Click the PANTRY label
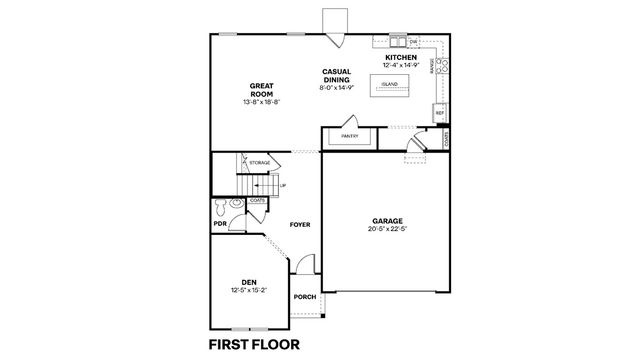coord(349,135)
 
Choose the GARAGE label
coord(387,220)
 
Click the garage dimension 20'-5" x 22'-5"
coord(387,229)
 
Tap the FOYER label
coord(299,224)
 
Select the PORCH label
coord(305,297)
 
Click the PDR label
coord(219,224)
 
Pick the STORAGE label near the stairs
coord(260,162)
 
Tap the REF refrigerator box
coord(439,114)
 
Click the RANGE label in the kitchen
coord(432,67)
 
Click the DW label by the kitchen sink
coord(413,42)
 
